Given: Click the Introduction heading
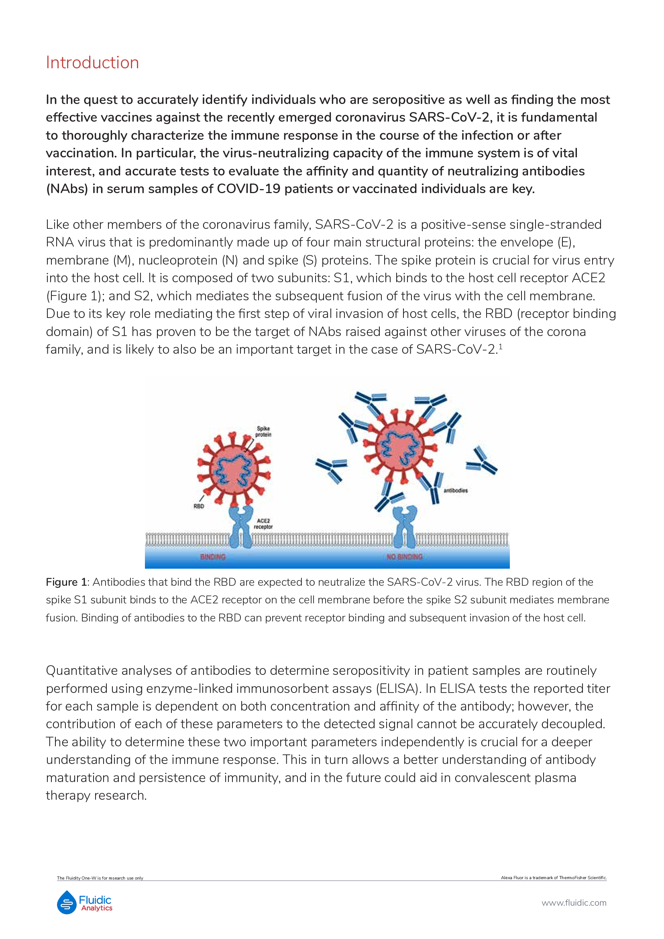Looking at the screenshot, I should pyautogui.click(x=92, y=63).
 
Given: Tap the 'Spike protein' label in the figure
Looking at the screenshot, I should pyautogui.click(x=263, y=432).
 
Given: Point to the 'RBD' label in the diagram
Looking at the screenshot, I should pyautogui.click(x=199, y=506).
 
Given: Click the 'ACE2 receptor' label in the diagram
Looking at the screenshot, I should pyautogui.click(x=263, y=523).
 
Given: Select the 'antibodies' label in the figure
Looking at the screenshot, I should pyautogui.click(x=456, y=490).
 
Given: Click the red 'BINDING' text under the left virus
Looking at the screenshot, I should pyautogui.click(x=213, y=556).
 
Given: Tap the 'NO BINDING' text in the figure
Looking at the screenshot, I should pyautogui.click(x=404, y=556).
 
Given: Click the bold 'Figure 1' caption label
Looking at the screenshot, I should pyautogui.click(x=66, y=582).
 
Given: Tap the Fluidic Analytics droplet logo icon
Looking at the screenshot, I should pyautogui.click(x=67, y=902).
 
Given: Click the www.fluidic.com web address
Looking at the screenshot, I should pyautogui.click(x=574, y=902).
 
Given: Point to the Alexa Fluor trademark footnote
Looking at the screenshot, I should pyautogui.click(x=554, y=878).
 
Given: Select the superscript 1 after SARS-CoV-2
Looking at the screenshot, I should pyautogui.click(x=501, y=347).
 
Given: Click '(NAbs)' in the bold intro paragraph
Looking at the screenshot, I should pyautogui.click(x=67, y=189).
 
